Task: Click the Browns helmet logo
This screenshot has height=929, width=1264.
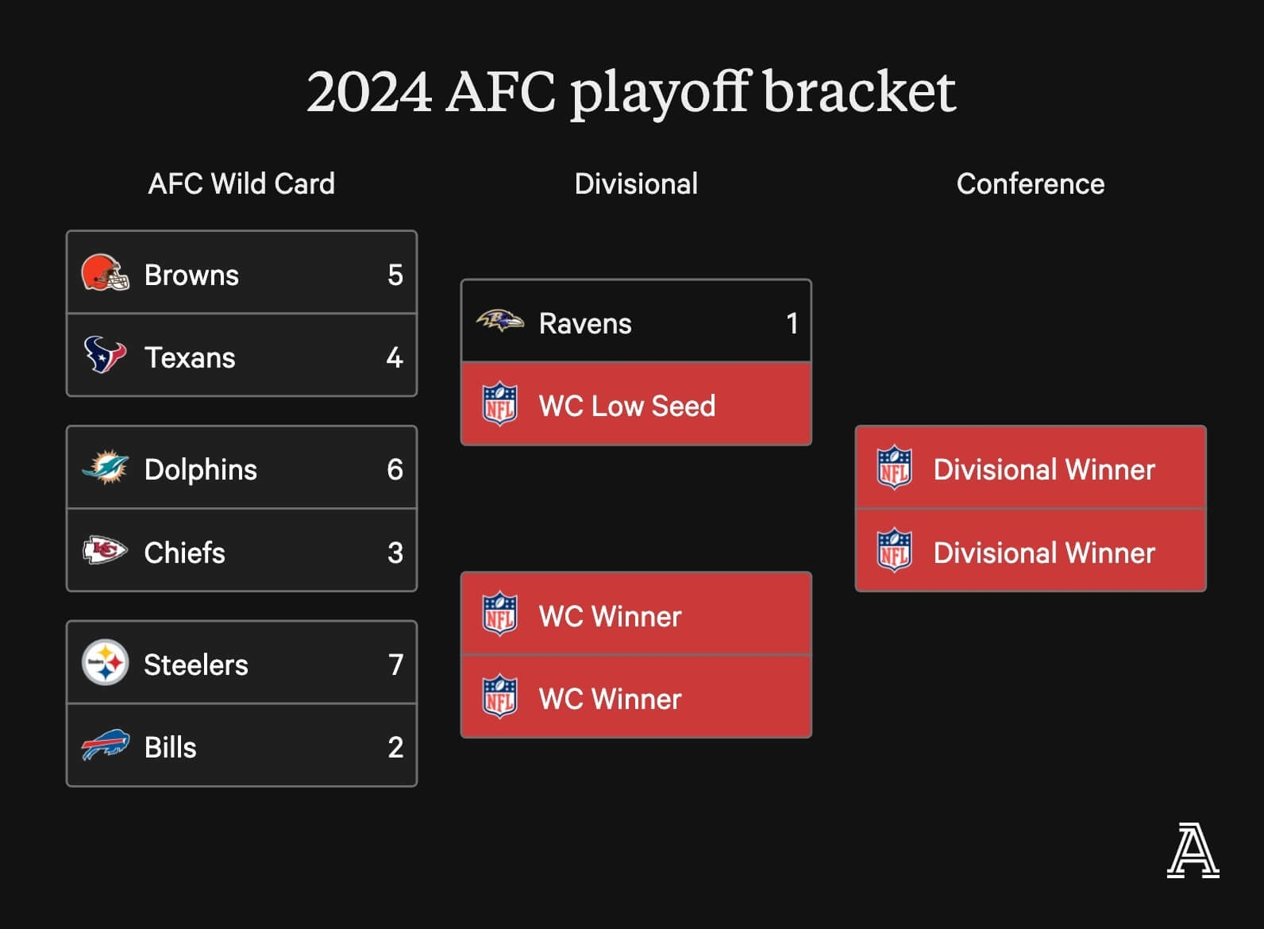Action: pyautogui.click(x=105, y=272)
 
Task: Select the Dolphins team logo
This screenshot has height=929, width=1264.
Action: pyautogui.click(x=105, y=467)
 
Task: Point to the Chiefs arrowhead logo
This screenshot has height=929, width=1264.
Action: pyautogui.click(x=105, y=549)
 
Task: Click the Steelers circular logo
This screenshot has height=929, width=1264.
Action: pyautogui.click(x=105, y=662)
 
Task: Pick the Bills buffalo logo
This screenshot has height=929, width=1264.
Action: pyautogui.click(x=106, y=745)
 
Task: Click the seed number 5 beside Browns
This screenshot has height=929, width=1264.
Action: pyautogui.click(x=395, y=275)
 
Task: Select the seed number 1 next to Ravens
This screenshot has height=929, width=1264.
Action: pyautogui.click(x=792, y=323)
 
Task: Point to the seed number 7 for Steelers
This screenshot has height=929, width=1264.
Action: pyautogui.click(x=395, y=665)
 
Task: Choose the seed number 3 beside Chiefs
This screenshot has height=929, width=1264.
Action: pyautogui.click(x=395, y=553)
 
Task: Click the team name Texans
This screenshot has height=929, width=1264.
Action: pyautogui.click(x=191, y=357)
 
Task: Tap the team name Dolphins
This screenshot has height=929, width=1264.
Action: pyautogui.click(x=201, y=469)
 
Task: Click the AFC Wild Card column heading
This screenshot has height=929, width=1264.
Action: pyautogui.click(x=241, y=183)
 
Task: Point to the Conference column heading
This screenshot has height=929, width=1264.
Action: pyautogui.click(x=1031, y=183)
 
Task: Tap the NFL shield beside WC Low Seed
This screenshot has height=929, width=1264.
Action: pyautogui.click(x=500, y=404)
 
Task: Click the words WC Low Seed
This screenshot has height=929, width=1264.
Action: pyautogui.click(x=627, y=406)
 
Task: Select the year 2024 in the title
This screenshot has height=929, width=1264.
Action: pyautogui.click(x=369, y=92)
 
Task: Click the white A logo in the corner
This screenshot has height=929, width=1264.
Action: pyautogui.click(x=1193, y=850)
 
